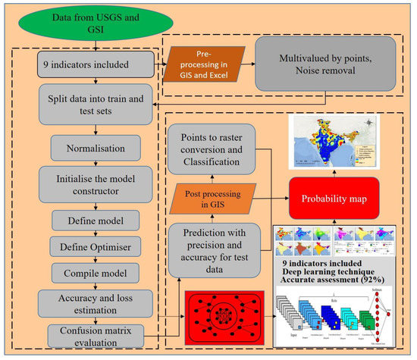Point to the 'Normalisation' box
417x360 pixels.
click(x=95, y=145)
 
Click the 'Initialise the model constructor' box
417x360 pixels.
click(x=95, y=183)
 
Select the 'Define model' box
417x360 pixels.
click(x=95, y=220)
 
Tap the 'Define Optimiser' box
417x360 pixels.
click(x=95, y=246)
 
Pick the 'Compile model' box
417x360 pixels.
click(x=95, y=271)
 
